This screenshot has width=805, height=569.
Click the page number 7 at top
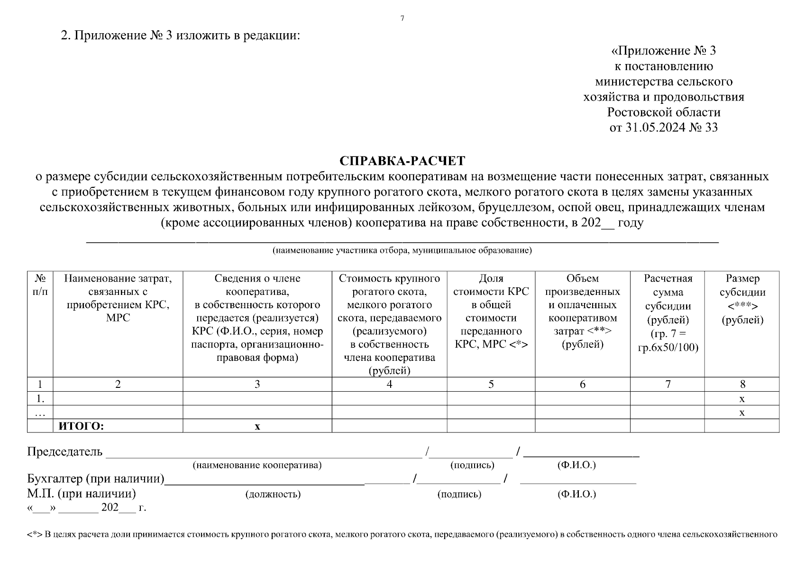point(402,18)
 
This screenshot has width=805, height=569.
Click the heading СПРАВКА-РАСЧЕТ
point(402,161)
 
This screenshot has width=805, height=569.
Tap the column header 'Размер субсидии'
point(742,299)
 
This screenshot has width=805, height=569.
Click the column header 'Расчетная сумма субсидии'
point(668,313)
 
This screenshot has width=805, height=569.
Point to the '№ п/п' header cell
point(40,284)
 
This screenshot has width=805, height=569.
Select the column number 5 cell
point(491,384)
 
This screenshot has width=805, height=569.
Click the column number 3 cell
point(257,384)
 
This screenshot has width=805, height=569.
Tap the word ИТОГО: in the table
point(81,426)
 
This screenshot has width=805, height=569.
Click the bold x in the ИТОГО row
point(257,426)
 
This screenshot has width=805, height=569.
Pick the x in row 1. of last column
point(742,398)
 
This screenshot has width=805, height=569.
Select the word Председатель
point(64,451)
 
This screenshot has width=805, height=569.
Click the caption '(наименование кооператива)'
point(257,465)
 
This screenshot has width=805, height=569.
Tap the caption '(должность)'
point(273,494)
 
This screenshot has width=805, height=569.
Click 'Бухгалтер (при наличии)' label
point(95,479)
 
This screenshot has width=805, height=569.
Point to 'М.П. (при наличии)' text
point(81,494)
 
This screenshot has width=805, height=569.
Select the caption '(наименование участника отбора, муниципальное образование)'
point(402,250)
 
